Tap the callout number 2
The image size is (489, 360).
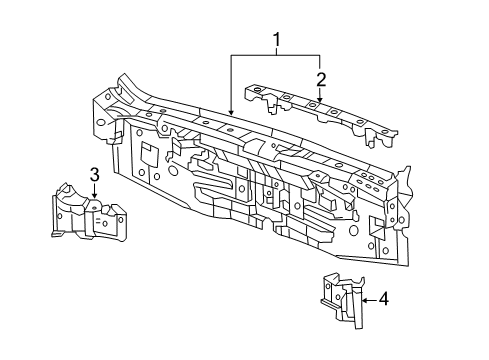point(320,79)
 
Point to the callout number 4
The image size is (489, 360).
point(384,297)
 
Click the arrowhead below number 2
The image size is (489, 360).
point(320,100)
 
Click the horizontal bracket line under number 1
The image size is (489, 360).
point(275,53)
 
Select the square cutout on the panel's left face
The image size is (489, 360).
point(146,154)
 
